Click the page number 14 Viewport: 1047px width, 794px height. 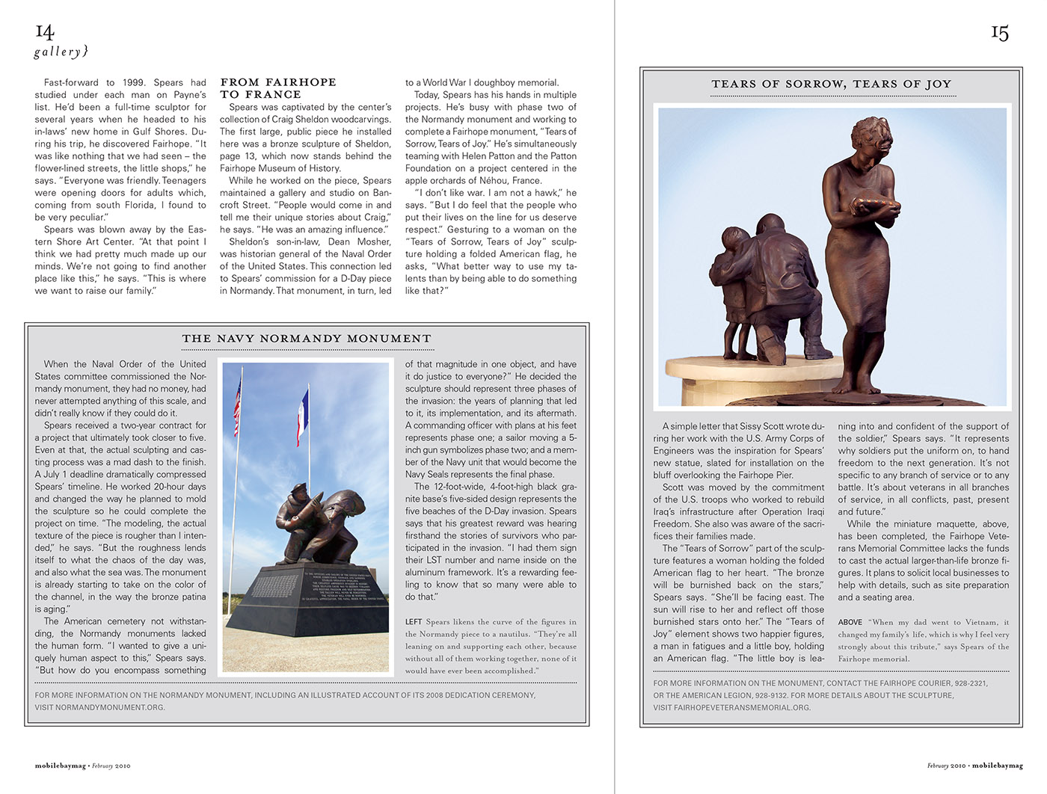[x=45, y=31]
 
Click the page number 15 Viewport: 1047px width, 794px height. [x=1000, y=33]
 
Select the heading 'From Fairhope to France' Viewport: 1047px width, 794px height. [x=277, y=88]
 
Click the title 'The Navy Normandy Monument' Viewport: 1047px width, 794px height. [x=307, y=339]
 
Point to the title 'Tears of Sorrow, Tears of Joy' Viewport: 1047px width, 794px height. [x=831, y=84]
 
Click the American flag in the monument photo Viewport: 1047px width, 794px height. [x=238, y=407]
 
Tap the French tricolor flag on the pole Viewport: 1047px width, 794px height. [x=303, y=416]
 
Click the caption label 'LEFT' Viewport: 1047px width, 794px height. [x=414, y=622]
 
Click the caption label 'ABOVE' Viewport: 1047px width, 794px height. [x=850, y=622]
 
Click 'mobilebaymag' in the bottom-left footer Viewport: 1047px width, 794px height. [x=60, y=766]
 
